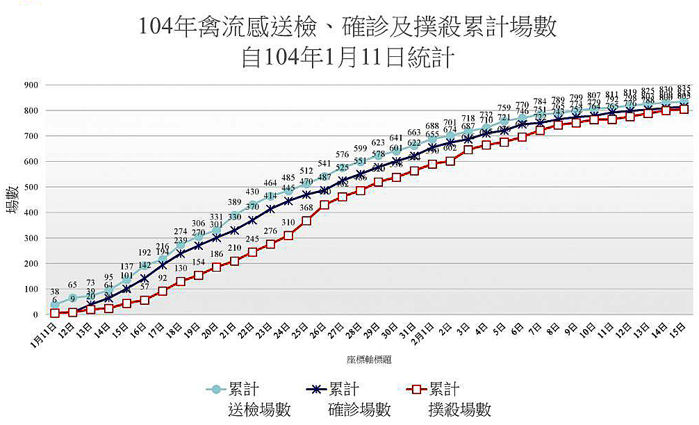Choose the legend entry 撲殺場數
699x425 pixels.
point(459,409)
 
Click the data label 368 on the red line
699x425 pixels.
point(306,208)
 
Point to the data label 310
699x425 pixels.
point(288,222)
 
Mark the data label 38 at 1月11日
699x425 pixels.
point(54,292)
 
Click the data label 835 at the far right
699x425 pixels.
point(684,89)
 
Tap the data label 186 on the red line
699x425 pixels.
point(216,254)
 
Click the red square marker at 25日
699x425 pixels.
point(306,221)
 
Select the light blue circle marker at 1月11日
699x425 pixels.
point(55,305)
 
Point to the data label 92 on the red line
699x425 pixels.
point(163,278)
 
